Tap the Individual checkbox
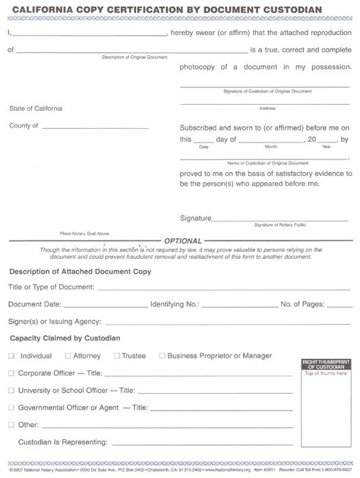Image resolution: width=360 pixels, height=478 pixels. click(x=11, y=355)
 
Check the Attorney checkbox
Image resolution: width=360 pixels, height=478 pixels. click(x=68, y=355)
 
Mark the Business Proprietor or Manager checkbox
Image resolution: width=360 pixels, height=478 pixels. click(x=161, y=355)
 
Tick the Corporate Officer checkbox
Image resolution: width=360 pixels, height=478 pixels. click(x=11, y=373)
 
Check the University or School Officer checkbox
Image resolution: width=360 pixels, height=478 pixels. click(x=11, y=390)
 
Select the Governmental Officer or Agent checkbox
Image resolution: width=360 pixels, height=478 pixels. click(x=11, y=407)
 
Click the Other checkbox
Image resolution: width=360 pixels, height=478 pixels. click(x=11, y=425)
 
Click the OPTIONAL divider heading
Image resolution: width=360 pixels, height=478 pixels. click(x=180, y=240)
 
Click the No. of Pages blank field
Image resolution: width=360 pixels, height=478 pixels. click(x=333, y=306)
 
